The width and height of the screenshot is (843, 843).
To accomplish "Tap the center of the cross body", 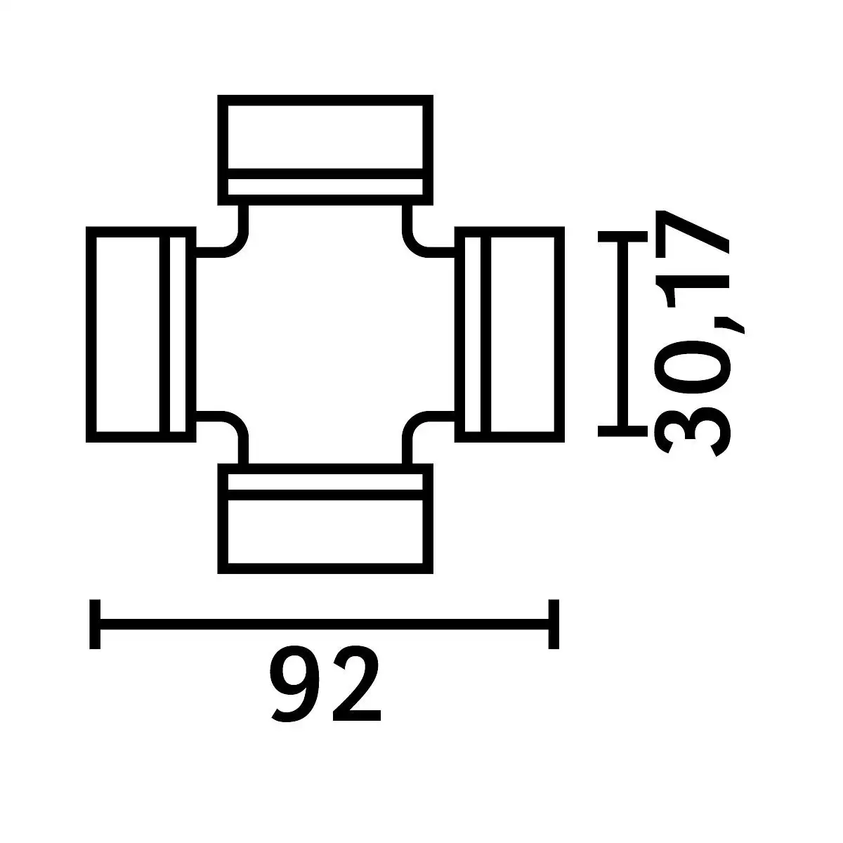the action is tap(325, 334).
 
